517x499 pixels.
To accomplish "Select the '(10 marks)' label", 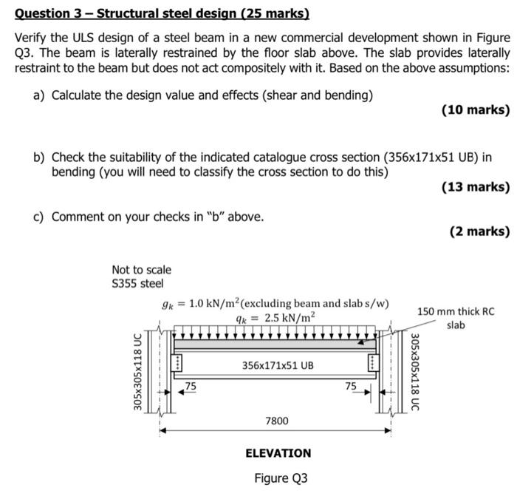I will [x=475, y=110].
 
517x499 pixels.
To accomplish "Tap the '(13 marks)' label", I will [x=475, y=186].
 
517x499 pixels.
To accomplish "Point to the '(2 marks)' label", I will [x=479, y=231].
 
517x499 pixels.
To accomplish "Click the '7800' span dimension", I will [x=277, y=421].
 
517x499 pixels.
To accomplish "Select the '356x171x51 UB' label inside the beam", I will [x=278, y=365].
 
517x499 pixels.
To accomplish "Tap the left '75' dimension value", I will [x=191, y=385].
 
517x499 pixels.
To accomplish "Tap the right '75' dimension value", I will [x=351, y=385].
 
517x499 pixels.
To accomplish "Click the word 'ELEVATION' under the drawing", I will [x=278, y=452].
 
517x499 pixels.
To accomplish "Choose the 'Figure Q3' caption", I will [x=281, y=478].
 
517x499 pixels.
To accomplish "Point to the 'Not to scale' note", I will [x=141, y=270].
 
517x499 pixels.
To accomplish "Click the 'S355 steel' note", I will [x=137, y=283].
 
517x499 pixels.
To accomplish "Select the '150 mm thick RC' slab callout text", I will [x=456, y=311].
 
